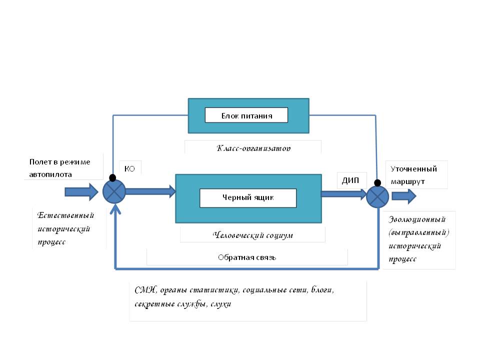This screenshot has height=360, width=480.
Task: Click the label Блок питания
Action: [246, 115]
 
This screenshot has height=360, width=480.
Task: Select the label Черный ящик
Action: [248, 197]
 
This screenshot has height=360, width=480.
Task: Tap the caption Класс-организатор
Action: [253, 148]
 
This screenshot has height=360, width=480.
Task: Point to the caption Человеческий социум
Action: [252, 235]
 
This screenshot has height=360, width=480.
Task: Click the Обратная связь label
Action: [247, 257]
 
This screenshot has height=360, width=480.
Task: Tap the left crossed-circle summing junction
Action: [114, 191]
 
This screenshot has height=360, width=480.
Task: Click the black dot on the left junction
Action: [112, 178]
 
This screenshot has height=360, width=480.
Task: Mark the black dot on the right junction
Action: [376, 183]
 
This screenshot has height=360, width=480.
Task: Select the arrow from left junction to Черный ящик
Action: [150, 191]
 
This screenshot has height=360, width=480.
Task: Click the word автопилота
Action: [50, 174]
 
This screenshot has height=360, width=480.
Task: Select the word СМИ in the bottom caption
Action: [145, 291]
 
